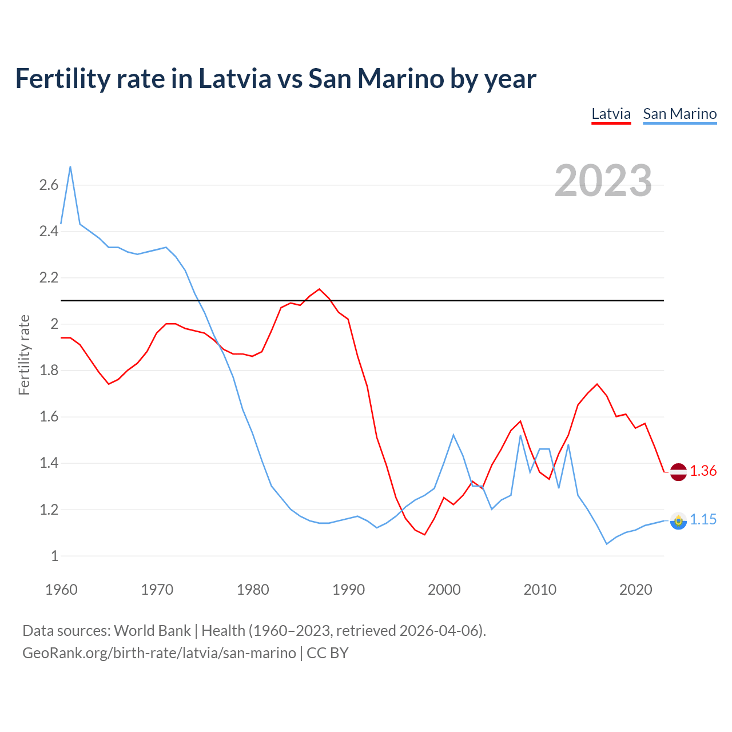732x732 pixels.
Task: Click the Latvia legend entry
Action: tap(611, 114)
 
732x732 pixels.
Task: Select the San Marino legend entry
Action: tap(679, 114)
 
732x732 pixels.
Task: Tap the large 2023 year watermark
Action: tap(603, 181)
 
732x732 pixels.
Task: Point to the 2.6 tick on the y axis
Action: tap(49, 185)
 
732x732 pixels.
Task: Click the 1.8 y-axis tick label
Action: tap(49, 371)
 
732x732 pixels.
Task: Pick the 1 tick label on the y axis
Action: tap(54, 556)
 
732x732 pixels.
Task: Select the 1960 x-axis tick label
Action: tap(61, 590)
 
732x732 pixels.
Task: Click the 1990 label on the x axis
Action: tap(348, 590)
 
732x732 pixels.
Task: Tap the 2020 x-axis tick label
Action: tap(635, 590)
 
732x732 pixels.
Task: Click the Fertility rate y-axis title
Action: tap(24, 355)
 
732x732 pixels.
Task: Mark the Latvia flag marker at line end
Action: tap(678, 472)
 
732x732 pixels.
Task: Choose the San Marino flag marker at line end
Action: tap(678, 520)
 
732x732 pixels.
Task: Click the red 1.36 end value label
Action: tap(703, 471)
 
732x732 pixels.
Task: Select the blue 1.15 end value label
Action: tap(703, 519)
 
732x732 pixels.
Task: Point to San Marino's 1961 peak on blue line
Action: tap(70, 167)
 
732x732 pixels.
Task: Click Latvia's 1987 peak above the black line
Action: tap(319, 289)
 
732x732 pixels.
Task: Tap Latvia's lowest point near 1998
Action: tap(424, 534)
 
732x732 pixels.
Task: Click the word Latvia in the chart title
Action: tap(234, 78)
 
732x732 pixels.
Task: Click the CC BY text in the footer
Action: tap(328, 653)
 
